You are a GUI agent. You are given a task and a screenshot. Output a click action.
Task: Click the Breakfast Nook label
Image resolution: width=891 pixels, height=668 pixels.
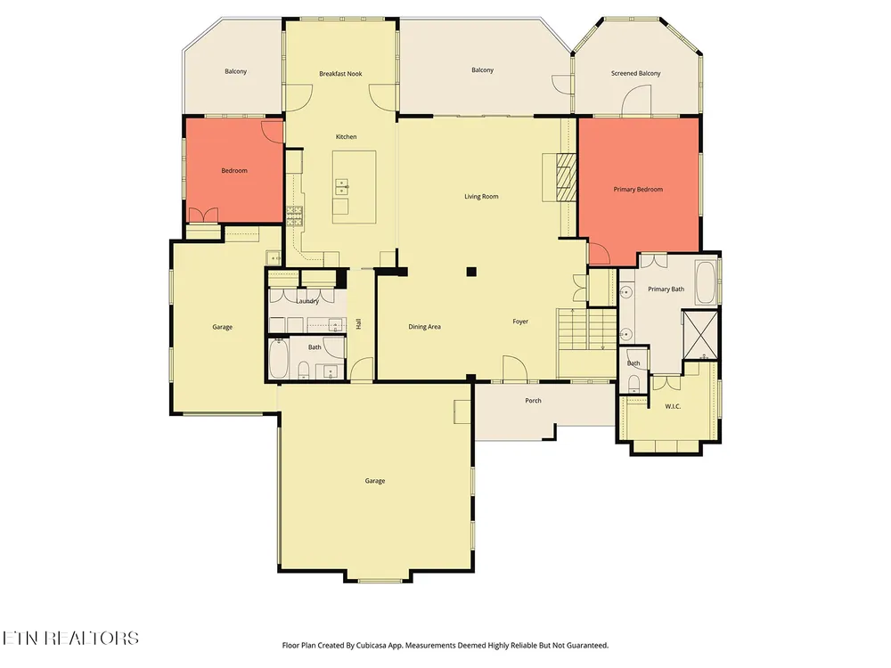340,74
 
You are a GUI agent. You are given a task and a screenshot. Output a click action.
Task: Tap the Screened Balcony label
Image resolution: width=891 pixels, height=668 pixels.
636,73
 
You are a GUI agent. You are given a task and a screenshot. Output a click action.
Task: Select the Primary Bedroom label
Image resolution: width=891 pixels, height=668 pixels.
638,190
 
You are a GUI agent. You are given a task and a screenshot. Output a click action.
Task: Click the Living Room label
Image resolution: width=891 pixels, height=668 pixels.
481,197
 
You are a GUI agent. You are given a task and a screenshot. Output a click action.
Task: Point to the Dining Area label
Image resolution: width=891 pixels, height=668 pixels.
424,327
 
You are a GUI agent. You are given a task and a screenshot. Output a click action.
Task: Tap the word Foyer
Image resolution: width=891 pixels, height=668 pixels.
520,322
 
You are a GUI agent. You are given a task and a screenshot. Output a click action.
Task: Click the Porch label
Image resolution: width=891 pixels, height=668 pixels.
533,401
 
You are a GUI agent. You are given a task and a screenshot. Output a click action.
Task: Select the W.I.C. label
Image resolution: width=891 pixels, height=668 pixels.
673,406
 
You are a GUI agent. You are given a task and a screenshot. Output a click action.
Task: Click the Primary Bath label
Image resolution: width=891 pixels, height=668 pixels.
666,289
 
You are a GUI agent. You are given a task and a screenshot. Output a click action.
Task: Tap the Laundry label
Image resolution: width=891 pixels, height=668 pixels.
307,301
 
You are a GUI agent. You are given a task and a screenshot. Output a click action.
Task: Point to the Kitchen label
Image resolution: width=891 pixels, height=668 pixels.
346,137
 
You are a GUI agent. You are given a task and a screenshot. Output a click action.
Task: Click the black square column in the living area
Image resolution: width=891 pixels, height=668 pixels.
471,272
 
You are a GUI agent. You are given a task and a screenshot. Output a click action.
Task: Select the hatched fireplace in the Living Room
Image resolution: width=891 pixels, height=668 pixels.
566,177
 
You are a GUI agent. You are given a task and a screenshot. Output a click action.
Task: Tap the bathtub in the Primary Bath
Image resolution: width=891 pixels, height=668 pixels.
707,282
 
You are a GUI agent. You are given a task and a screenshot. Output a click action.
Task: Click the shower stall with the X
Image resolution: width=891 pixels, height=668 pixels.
700,335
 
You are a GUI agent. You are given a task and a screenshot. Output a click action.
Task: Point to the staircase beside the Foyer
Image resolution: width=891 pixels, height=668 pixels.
587,330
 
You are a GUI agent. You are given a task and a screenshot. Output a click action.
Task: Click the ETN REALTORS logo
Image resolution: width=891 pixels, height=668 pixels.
69,638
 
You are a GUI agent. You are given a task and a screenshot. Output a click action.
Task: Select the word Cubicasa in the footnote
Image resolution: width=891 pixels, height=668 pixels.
371,645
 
